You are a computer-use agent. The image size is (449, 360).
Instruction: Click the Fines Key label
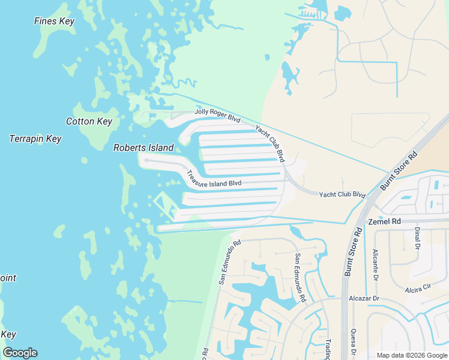54,22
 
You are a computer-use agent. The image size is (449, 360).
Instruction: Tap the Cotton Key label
89,121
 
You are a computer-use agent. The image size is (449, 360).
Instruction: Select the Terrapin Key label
35,139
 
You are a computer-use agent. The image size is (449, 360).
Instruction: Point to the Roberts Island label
143,148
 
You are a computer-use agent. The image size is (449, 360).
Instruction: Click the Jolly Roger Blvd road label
217,115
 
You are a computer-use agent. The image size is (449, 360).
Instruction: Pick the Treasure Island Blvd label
214,179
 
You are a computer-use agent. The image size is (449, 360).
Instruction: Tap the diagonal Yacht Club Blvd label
270,143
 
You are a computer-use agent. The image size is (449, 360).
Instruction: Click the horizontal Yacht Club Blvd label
342,194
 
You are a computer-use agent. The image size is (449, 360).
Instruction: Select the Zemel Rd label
384,221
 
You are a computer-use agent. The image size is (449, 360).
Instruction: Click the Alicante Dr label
375,264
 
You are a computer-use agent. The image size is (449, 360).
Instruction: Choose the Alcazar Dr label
364,298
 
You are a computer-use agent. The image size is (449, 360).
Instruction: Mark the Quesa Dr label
354,342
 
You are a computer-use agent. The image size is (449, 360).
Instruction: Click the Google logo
20,352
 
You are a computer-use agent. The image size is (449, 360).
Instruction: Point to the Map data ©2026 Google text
411,355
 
